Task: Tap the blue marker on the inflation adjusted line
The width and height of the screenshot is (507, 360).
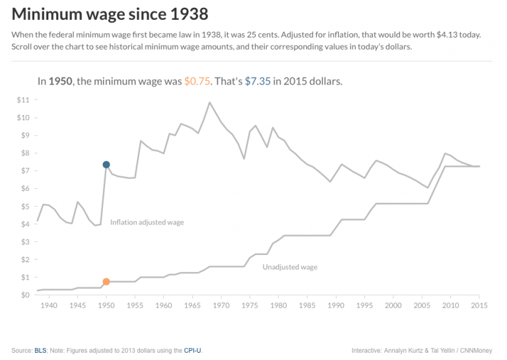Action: [106, 164]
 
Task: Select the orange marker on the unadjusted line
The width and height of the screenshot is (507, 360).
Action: [106, 281]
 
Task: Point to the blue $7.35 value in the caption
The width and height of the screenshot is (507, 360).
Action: [257, 81]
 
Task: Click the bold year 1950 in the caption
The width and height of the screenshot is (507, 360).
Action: [61, 81]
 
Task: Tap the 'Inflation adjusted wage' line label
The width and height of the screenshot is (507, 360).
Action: [147, 223]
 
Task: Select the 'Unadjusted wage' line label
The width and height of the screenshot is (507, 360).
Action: [290, 268]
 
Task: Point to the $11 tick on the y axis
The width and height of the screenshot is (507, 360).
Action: [22, 100]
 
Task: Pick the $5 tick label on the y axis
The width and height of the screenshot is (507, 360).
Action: [24, 206]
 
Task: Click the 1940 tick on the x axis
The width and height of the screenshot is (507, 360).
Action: [49, 306]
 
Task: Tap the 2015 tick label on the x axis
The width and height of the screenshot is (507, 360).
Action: [479, 306]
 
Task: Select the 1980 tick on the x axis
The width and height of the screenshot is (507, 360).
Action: [279, 306]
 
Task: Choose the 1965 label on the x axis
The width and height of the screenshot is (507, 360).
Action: [192, 306]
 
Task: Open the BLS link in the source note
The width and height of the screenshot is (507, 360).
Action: [40, 350]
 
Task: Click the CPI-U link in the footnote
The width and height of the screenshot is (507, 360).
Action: [192, 350]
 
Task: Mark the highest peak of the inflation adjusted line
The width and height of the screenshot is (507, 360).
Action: [210, 102]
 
